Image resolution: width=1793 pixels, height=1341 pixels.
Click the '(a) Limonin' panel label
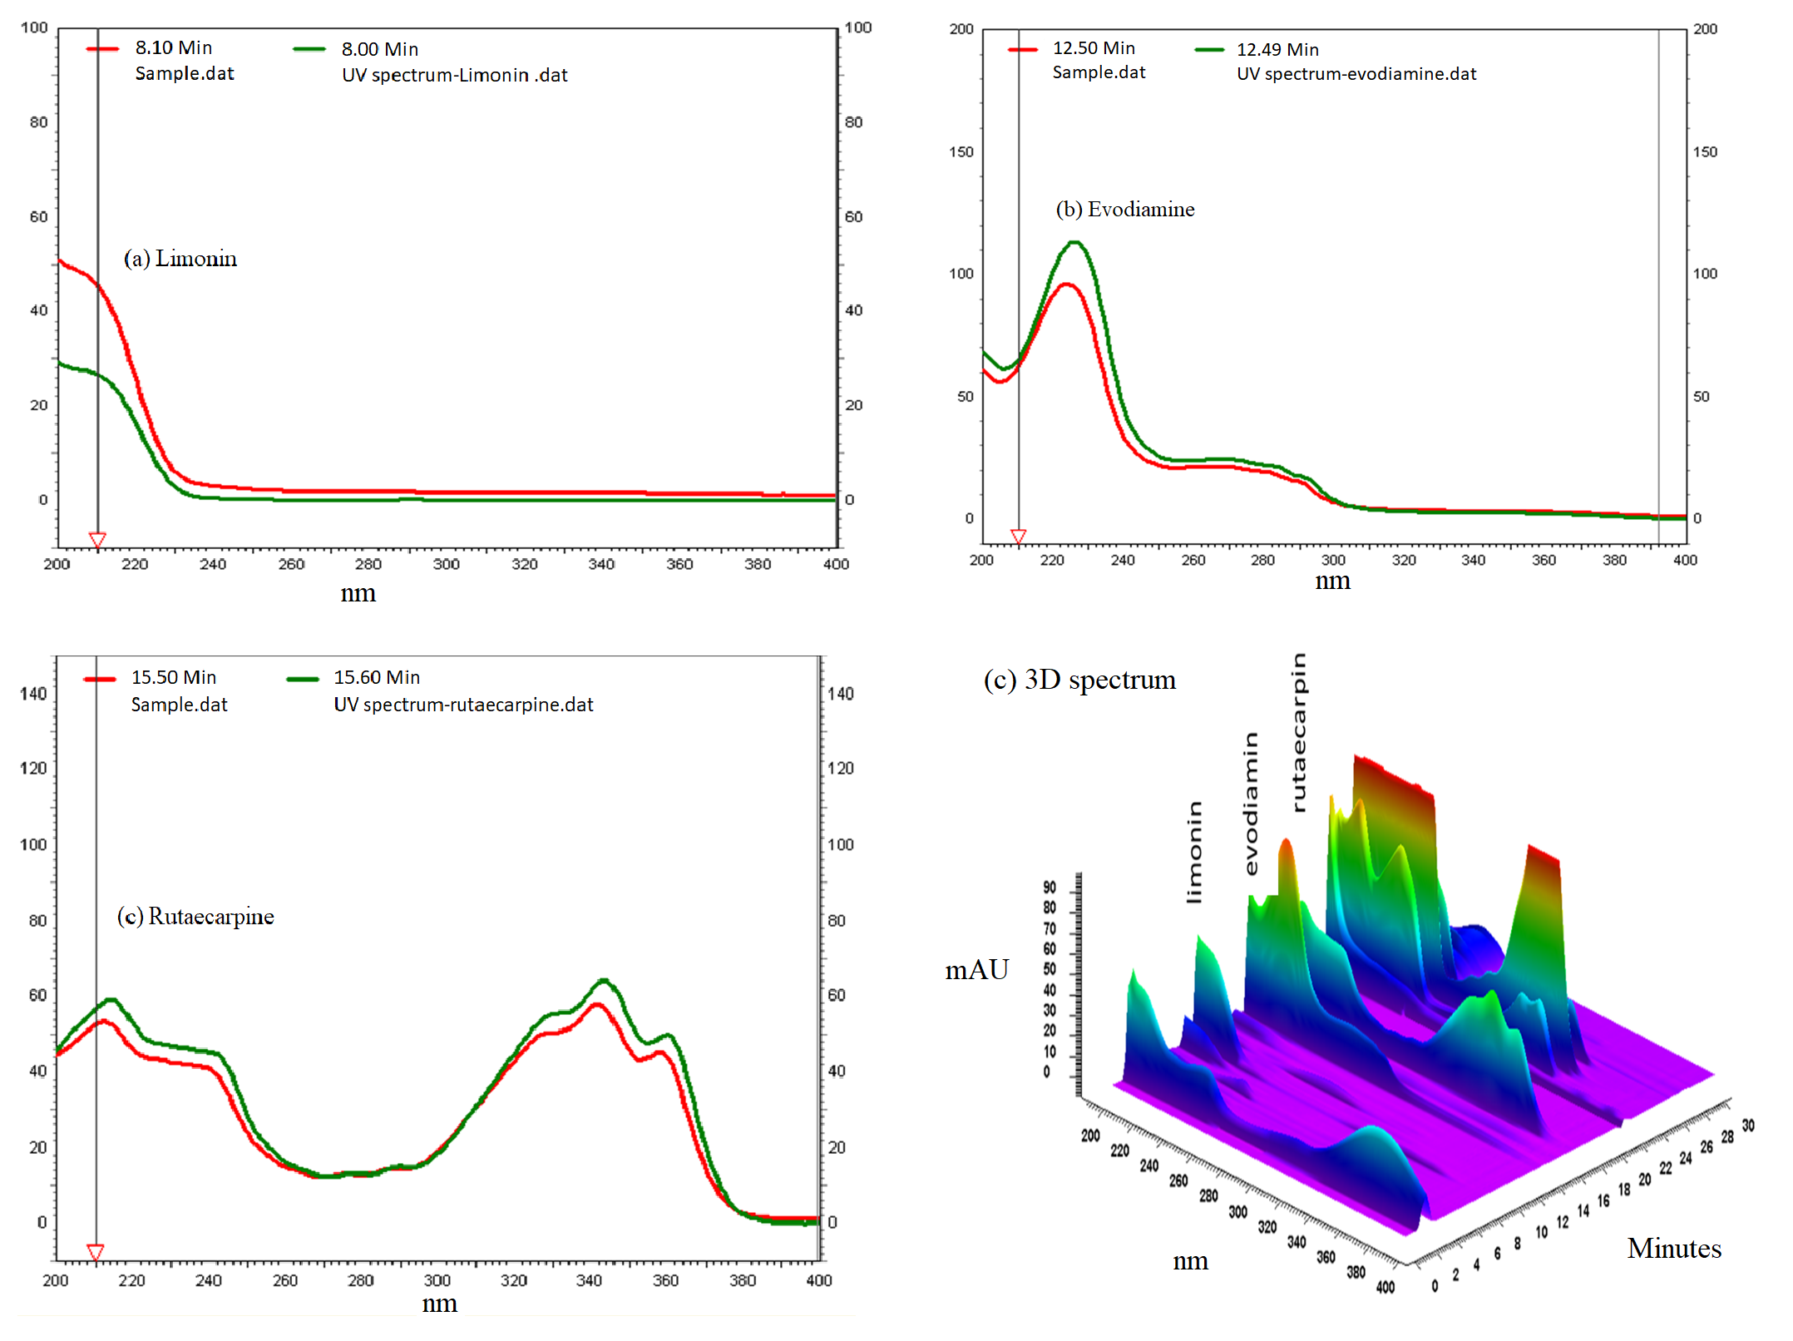pyautogui.click(x=180, y=259)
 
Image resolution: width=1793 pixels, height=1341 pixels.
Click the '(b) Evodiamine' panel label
pyautogui.click(x=1124, y=210)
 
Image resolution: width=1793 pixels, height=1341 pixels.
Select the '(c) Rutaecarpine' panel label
pyautogui.click(x=195, y=917)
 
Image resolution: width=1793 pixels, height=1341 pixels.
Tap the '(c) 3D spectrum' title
pyautogui.click(x=1079, y=680)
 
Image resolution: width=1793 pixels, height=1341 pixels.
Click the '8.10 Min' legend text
pyautogui.click(x=174, y=48)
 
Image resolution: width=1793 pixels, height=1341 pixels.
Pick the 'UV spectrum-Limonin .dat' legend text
pyautogui.click(x=454, y=76)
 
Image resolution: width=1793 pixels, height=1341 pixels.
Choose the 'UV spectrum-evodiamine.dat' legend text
pyautogui.click(x=1356, y=74)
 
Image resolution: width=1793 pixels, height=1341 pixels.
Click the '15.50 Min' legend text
pyautogui.click(x=174, y=678)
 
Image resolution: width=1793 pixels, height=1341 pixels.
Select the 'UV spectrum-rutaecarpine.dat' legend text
pyautogui.click(x=463, y=705)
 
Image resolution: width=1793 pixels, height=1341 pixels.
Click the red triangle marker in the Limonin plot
pyautogui.click(x=97, y=541)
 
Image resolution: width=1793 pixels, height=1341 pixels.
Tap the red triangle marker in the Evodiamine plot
pyautogui.click(x=1018, y=537)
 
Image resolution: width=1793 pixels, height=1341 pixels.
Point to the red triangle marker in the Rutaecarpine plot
pyautogui.click(x=96, y=1252)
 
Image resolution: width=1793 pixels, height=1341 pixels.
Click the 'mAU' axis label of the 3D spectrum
pyautogui.click(x=976, y=970)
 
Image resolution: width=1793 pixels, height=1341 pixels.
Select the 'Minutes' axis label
pyautogui.click(x=1673, y=1249)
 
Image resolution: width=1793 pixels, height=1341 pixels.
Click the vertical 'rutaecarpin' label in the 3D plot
pyautogui.click(x=1298, y=732)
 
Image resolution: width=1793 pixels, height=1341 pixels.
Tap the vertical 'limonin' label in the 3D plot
pyautogui.click(x=1194, y=852)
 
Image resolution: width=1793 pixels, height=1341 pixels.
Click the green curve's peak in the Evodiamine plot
pyautogui.click(x=1075, y=242)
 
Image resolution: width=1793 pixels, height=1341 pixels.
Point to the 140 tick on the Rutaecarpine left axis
pyautogui.click(x=33, y=694)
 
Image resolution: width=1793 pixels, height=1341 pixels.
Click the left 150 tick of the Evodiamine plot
pyautogui.click(x=961, y=152)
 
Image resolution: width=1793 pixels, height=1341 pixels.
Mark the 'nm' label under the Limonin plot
pyautogui.click(x=358, y=594)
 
